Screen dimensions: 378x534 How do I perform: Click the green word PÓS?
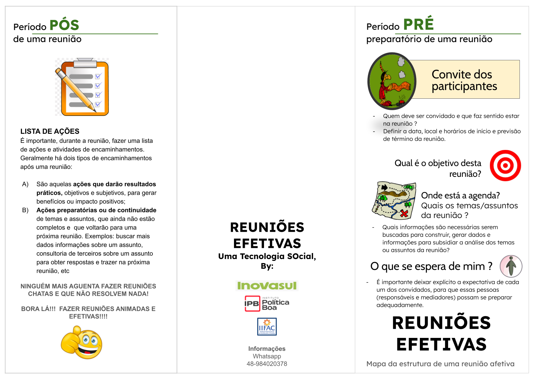64,25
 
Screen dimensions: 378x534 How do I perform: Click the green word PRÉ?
418,24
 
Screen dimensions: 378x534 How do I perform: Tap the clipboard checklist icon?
82,87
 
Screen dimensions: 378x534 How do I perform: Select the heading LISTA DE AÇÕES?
50,131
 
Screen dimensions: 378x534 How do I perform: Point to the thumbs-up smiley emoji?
81,342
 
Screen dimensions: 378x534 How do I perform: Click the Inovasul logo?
267,286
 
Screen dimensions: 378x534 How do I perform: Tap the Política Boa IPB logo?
267,303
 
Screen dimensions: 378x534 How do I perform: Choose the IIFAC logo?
267,326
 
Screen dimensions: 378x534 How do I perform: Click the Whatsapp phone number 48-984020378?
267,364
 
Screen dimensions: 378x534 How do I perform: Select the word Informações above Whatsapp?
267,349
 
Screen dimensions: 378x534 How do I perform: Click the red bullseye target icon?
505,165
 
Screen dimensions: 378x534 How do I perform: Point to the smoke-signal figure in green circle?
392,81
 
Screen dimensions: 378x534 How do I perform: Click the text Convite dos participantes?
464,80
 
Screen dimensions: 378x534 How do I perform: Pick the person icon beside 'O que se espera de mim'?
511,266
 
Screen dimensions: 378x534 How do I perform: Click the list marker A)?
25,184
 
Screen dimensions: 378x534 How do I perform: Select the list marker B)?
25,210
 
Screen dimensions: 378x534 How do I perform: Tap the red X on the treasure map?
404,213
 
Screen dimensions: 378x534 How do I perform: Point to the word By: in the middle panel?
267,266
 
